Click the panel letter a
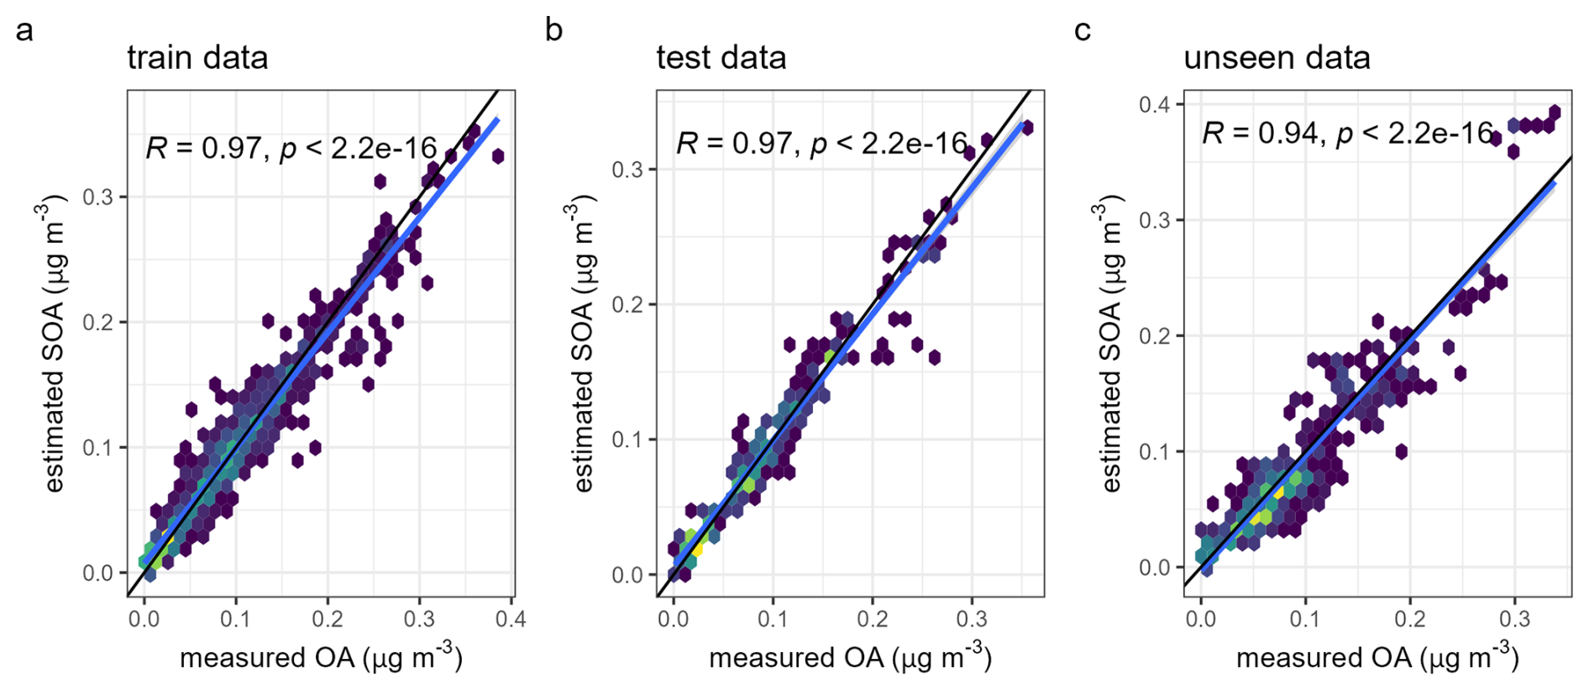pyautogui.click(x=25, y=31)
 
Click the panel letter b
pyautogui.click(x=553, y=31)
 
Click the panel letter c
pyautogui.click(x=1083, y=31)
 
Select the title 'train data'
pyautogui.click(x=197, y=58)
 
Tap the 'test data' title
pyautogui.click(x=721, y=58)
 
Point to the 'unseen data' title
pyautogui.click(x=1277, y=58)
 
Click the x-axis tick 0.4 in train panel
pyautogui.click(x=511, y=619)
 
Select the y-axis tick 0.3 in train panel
pyautogui.click(x=97, y=198)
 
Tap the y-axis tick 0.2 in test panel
pyautogui.click(x=627, y=305)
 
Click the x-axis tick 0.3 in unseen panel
pyautogui.click(x=1514, y=619)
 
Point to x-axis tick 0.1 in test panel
pyautogui.click(x=773, y=619)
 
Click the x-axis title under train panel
pyautogui.click(x=321, y=657)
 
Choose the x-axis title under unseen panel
pyautogui.click(x=1377, y=657)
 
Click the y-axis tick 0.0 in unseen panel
pyautogui.click(x=1156, y=567)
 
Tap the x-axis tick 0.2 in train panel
pyautogui.click(x=328, y=619)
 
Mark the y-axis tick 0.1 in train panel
pyautogui.click(x=97, y=448)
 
